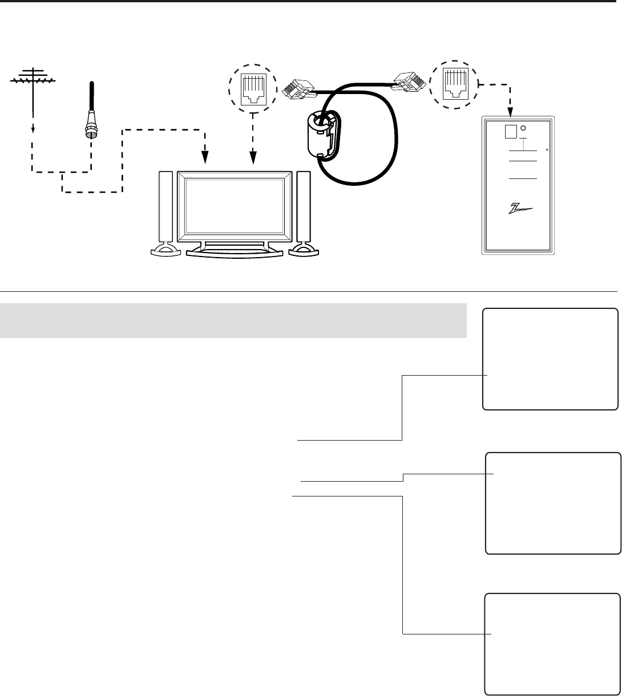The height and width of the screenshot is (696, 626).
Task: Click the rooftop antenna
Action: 33,80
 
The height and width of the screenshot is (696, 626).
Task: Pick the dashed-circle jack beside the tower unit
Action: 454,86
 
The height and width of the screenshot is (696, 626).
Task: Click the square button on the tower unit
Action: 511,132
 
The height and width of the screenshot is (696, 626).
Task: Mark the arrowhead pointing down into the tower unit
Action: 511,109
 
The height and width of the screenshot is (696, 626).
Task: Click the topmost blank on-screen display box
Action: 551,359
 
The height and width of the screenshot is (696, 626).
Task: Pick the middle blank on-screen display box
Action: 553,503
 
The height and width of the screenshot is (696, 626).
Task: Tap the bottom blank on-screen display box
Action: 553,644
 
